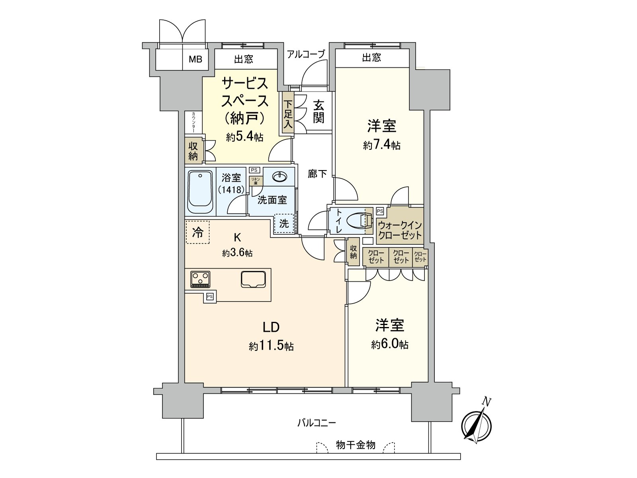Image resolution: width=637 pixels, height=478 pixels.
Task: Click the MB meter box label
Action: pyautogui.click(x=195, y=60)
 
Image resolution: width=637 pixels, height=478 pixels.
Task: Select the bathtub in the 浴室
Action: pyautogui.click(x=200, y=192)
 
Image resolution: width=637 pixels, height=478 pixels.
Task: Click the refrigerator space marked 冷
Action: pyautogui.click(x=197, y=232)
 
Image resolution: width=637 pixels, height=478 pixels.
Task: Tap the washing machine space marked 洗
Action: pyautogui.click(x=284, y=223)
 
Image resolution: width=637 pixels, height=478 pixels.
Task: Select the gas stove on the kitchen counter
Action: pyautogui.click(x=200, y=279)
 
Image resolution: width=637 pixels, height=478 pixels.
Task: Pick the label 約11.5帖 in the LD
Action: pyautogui.click(x=271, y=346)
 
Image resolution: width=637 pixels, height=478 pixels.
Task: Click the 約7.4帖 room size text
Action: pyautogui.click(x=381, y=145)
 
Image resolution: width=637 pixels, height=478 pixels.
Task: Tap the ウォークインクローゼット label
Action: pyautogui.click(x=399, y=230)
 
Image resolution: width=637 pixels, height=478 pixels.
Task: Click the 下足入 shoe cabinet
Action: pyautogui.click(x=288, y=114)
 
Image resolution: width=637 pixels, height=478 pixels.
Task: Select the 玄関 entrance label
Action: pyautogui.click(x=318, y=112)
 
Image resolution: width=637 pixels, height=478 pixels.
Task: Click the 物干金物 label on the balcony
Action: pyautogui.click(x=356, y=445)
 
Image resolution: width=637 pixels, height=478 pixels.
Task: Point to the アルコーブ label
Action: pyautogui.click(x=306, y=54)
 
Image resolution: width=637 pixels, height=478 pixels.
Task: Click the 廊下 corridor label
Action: pyautogui.click(x=317, y=174)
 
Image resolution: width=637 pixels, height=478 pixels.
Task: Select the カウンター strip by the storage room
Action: pyautogui.click(x=193, y=122)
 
